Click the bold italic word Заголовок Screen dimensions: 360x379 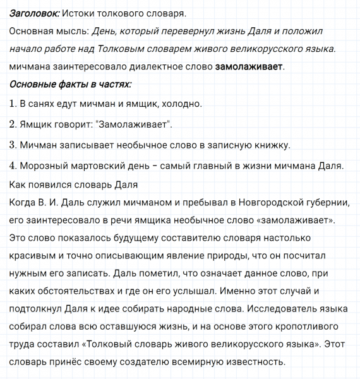pyautogui.click(x=35, y=13)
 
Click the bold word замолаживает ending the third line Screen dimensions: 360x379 pyautogui.click(x=249, y=66)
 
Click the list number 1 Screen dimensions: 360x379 pyautogui.click(x=13, y=104)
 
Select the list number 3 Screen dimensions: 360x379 pyautogui.click(x=13, y=145)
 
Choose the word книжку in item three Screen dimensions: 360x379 pyautogui.click(x=270, y=145)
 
